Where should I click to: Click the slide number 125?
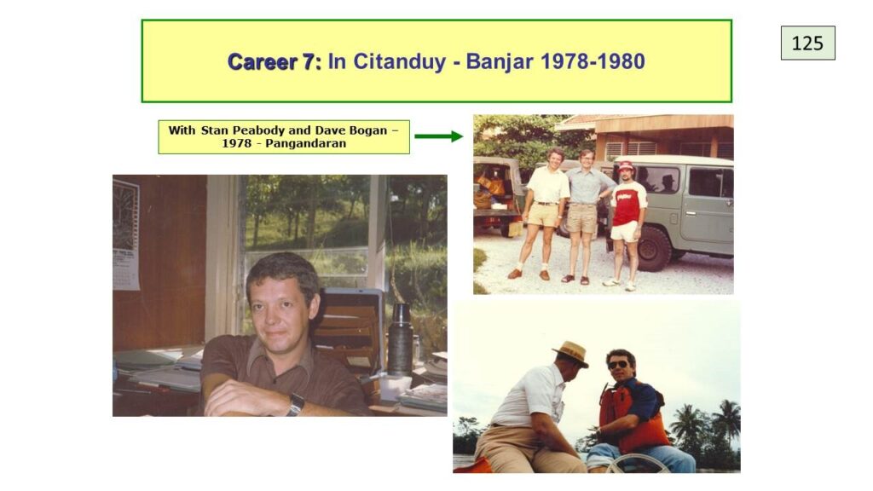(x=807, y=43)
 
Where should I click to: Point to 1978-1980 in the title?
(x=593, y=61)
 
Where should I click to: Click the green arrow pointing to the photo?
(x=439, y=136)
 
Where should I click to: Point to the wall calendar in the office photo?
(x=126, y=235)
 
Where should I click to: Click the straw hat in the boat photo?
(x=570, y=354)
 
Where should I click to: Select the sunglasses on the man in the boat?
(x=617, y=365)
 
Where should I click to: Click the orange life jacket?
(x=633, y=416)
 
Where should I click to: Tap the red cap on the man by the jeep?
(x=627, y=165)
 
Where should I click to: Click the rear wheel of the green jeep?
(x=655, y=248)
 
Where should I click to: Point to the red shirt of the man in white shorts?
(x=628, y=203)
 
